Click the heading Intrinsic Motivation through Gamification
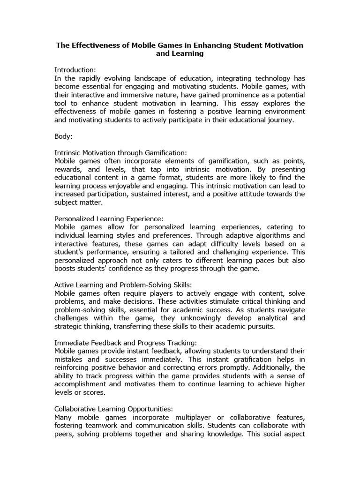[x=120, y=153]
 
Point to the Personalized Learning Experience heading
[x=109, y=218]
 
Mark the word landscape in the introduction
[x=154, y=78]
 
